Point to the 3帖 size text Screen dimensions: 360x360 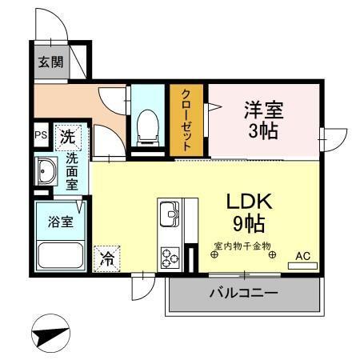pos(265,130)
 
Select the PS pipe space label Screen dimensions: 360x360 pos(40,136)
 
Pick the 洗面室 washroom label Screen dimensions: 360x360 pos(72,170)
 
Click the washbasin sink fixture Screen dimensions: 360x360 pos(46,171)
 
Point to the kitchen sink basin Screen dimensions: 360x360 pos(171,214)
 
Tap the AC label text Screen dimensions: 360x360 pos(303,255)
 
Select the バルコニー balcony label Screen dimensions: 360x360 pos(244,294)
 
